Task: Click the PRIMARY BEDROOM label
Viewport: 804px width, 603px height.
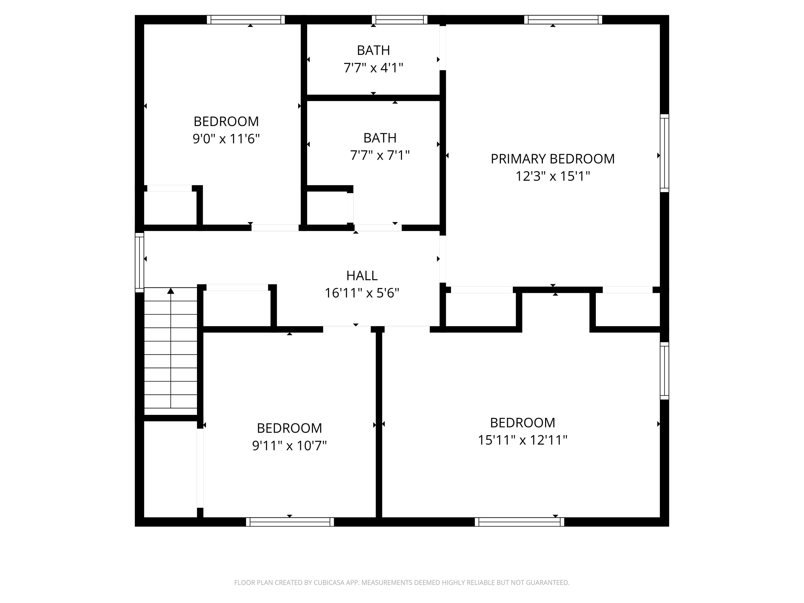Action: [x=552, y=159]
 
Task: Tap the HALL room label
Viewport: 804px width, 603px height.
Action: [x=362, y=276]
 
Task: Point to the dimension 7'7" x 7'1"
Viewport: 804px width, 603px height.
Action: [x=379, y=155]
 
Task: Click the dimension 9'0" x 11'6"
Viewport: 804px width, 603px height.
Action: [x=226, y=139]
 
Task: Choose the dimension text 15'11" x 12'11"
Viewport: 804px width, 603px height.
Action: [x=522, y=440]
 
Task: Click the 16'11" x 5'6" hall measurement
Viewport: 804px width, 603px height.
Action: [x=362, y=293]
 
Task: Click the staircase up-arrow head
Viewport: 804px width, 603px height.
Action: [x=170, y=291]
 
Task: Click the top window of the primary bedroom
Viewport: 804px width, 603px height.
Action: [x=563, y=20]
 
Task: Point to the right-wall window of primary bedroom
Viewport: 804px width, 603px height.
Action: [x=664, y=153]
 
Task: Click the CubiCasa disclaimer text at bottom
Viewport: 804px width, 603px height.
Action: [x=402, y=583]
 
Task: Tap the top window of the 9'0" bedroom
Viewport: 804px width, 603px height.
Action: [x=246, y=20]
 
